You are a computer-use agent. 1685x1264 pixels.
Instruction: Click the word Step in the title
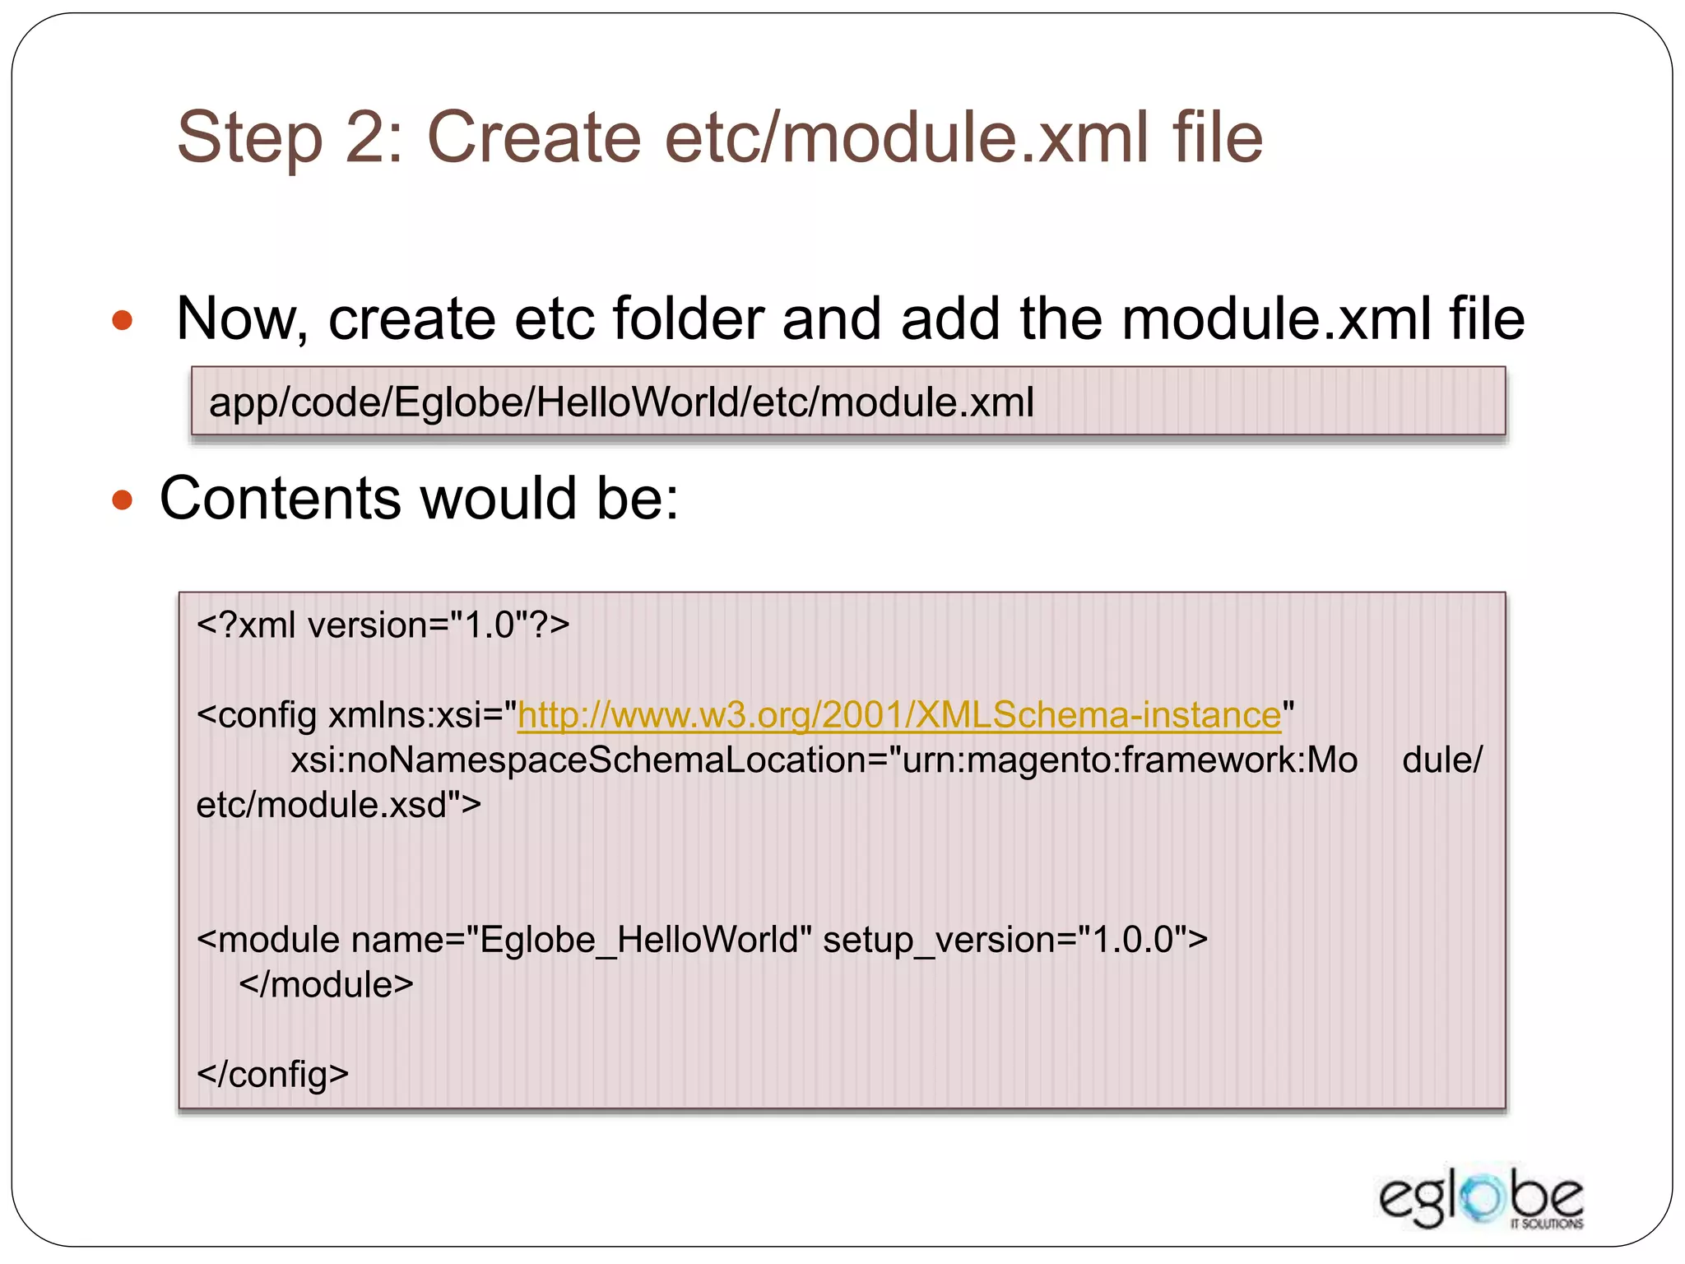point(250,137)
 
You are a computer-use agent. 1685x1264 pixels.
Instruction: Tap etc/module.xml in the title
point(906,137)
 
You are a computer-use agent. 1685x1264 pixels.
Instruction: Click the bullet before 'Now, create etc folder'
point(122,319)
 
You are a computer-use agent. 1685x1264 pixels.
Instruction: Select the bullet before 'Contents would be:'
point(122,499)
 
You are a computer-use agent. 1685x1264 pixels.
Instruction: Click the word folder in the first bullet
point(688,319)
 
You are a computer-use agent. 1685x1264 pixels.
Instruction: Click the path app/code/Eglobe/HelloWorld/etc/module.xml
point(621,402)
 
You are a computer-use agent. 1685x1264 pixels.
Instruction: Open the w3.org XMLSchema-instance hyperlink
point(898,714)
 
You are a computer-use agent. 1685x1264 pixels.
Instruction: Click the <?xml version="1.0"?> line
point(383,625)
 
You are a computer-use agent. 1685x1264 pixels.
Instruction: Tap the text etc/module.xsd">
point(338,805)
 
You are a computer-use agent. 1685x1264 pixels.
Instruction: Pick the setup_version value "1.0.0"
point(1131,940)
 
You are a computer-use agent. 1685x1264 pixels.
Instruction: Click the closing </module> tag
point(326,985)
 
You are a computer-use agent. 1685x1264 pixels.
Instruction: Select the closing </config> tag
point(272,1075)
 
